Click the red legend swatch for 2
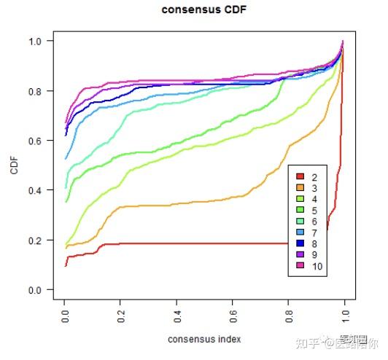[299, 177]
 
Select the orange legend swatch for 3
[299, 188]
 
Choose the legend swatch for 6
[299, 221]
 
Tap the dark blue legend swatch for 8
[299, 243]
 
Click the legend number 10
[317, 266]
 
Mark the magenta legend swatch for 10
[299, 266]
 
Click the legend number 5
[314, 210]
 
